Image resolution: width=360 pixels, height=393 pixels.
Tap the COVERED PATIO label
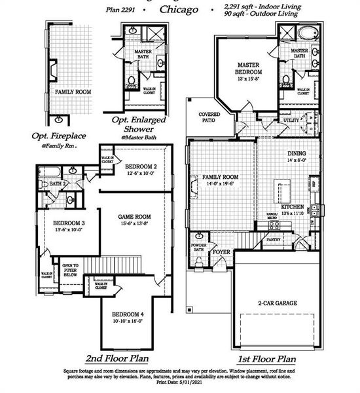[x=209, y=117]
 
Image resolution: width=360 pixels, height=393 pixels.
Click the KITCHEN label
[x=292, y=207]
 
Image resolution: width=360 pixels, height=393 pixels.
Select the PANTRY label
[x=274, y=240]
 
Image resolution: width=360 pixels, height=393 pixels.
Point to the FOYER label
[x=221, y=252]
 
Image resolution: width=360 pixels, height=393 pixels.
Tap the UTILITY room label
[x=291, y=121]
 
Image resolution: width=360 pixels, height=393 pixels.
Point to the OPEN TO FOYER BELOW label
[x=69, y=269]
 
